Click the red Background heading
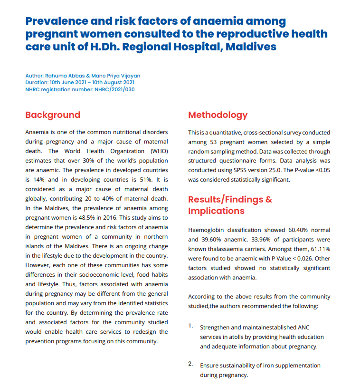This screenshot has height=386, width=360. coord(53,115)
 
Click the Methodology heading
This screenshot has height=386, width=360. coord(218,115)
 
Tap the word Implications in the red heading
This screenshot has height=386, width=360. coord(216,211)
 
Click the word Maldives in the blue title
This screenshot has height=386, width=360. coord(251,47)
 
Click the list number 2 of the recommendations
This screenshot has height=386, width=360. coord(190,364)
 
